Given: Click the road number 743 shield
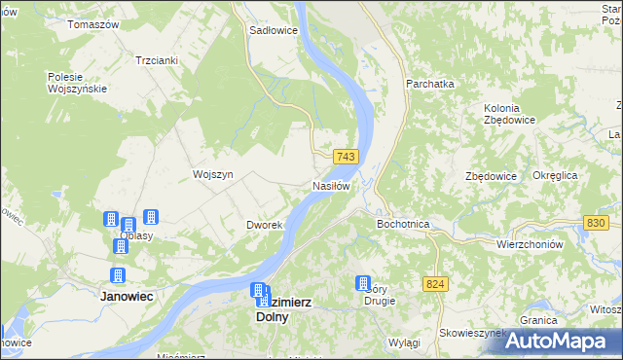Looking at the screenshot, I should pyautogui.click(x=347, y=157).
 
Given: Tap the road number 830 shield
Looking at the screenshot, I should pyautogui.click(x=597, y=223).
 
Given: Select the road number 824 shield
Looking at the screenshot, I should pyautogui.click(x=435, y=283).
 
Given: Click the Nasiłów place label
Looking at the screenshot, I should pyautogui.click(x=331, y=185).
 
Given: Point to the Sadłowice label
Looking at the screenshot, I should pyautogui.click(x=274, y=30).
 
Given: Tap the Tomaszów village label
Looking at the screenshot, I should pyautogui.click(x=92, y=23).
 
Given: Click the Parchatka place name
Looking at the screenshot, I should pyautogui.click(x=430, y=84).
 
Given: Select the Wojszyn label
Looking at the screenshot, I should pyautogui.click(x=213, y=174).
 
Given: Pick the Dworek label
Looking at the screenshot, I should pyautogui.click(x=264, y=225).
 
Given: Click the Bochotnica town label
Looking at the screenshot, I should pyautogui.click(x=403, y=224).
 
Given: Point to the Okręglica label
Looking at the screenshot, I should pyautogui.click(x=556, y=175).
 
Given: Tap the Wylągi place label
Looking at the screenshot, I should pyautogui.click(x=403, y=343).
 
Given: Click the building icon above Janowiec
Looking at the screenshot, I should pyautogui.click(x=119, y=275).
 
